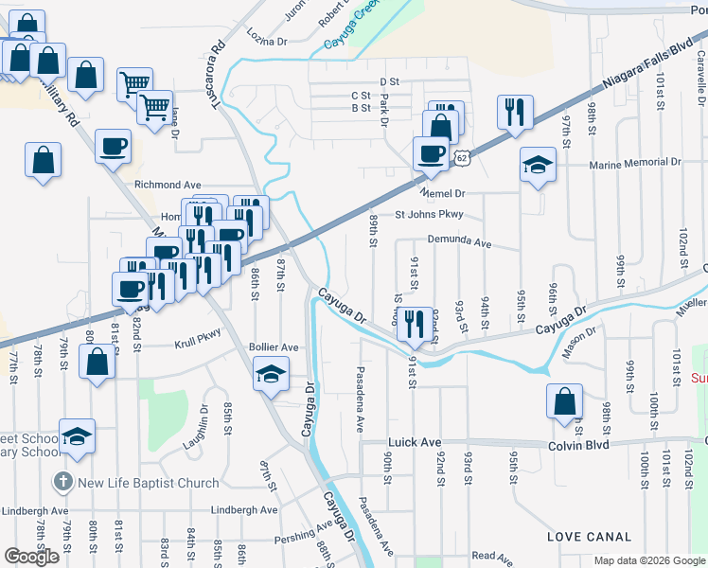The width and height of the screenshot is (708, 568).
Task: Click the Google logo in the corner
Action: point(31,557)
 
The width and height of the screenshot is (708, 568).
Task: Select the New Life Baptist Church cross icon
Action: point(62,482)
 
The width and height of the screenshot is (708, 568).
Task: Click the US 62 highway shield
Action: point(461,157)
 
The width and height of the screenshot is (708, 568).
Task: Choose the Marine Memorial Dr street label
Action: point(634,164)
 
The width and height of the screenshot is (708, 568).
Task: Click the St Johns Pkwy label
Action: point(429,214)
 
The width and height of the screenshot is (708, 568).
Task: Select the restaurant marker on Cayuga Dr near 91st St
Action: point(415,324)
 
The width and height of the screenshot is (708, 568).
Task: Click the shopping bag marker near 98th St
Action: point(564,400)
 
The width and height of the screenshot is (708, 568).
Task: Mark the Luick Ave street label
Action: point(415,442)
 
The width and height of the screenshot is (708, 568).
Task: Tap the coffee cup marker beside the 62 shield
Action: point(432,153)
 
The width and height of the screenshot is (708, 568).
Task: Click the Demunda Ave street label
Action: point(459,242)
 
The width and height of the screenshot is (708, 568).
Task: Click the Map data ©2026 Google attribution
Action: point(649,560)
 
